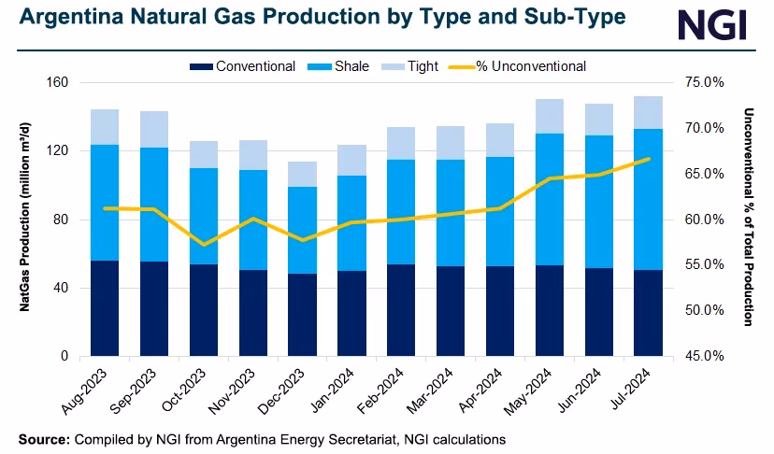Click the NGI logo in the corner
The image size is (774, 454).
click(711, 24)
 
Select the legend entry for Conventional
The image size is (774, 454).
click(243, 66)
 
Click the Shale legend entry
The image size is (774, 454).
click(341, 66)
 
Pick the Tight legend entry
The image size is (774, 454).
click(410, 66)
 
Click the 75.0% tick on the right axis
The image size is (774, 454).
click(706, 82)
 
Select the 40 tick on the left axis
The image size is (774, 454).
click(62, 288)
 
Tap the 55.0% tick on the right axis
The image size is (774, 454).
click(706, 265)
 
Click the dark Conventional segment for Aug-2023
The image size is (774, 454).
click(105, 308)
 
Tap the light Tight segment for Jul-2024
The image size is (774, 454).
click(648, 112)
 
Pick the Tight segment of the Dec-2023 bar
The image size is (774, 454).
click(302, 174)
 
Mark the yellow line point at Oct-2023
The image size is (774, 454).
click(203, 245)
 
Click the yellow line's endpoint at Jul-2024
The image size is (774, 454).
click(648, 159)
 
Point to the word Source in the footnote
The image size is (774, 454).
click(42, 438)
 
